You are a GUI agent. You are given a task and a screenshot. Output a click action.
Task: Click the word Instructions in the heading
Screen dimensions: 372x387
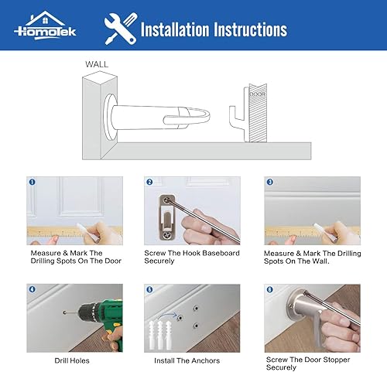(247, 30)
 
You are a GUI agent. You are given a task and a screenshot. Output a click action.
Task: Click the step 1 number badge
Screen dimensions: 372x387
(33, 183)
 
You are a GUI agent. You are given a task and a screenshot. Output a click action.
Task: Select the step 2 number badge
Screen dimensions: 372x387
(149, 183)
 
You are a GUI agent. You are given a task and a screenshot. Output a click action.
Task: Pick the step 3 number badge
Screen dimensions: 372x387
(269, 183)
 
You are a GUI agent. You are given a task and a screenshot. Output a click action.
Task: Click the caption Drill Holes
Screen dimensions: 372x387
(74, 360)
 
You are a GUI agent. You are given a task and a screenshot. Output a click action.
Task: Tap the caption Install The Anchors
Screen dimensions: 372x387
(187, 360)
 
